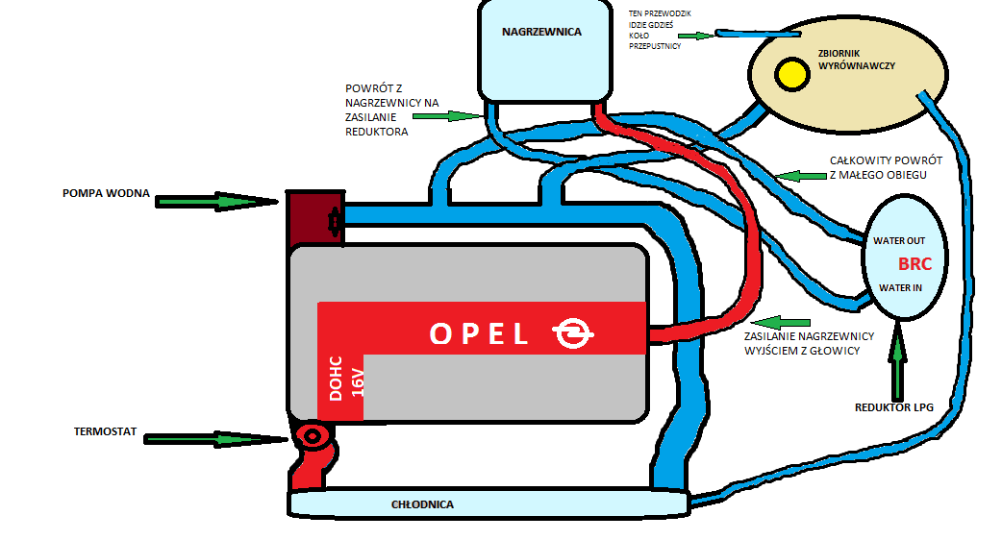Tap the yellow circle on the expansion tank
coord(793,74)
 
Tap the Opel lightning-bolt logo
coord(574,333)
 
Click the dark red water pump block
coord(307,217)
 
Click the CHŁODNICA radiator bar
coord(488,503)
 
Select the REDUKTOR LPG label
coord(893,407)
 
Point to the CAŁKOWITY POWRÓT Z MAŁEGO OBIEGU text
coord(886,167)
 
